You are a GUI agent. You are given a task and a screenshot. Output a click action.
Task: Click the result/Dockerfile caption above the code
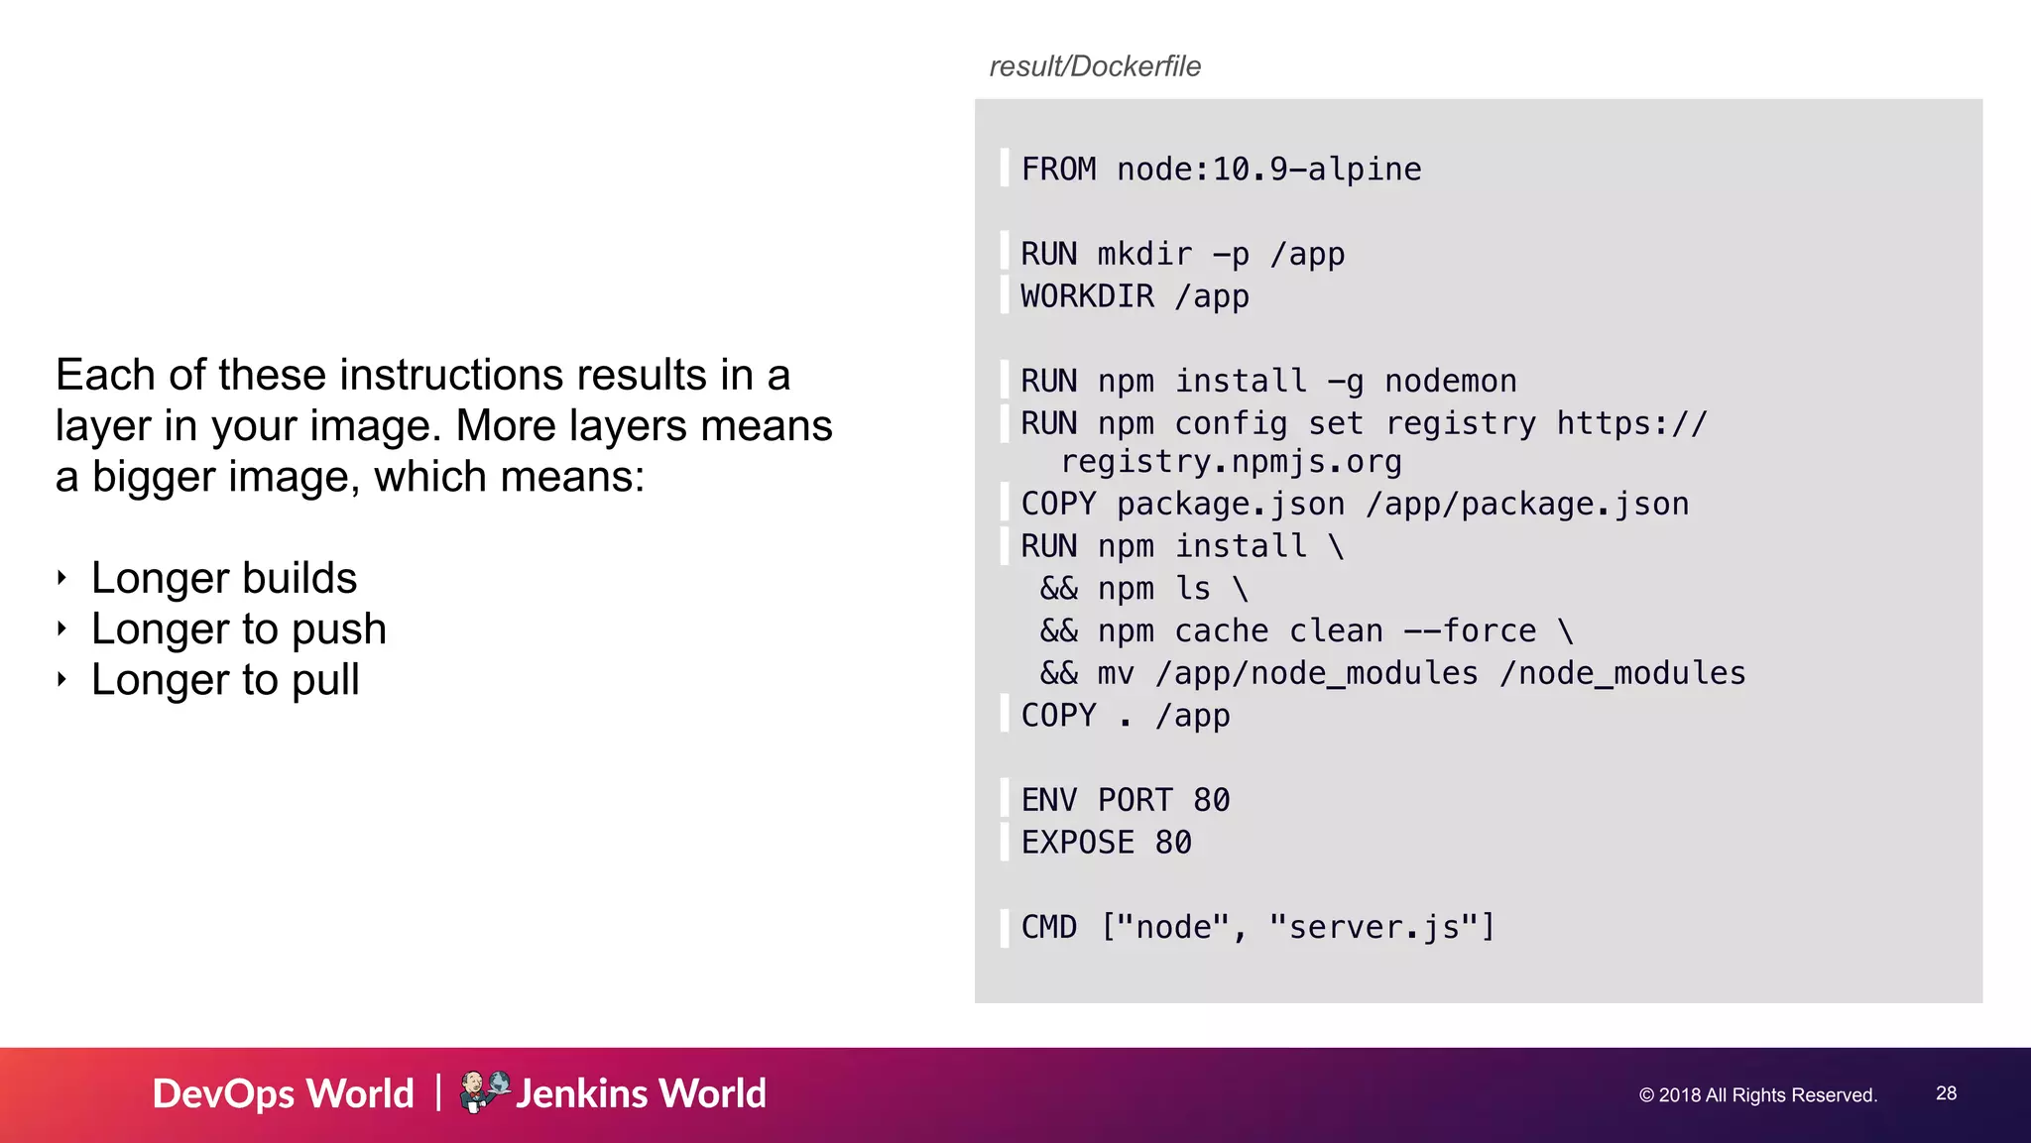pyautogui.click(x=1095, y=66)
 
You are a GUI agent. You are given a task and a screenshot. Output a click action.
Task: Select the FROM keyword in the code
pyautogui.click(x=1058, y=170)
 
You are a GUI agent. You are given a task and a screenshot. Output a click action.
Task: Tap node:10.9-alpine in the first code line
pyautogui.click(x=1268, y=170)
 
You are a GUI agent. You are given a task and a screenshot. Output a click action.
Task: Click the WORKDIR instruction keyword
pyautogui.click(x=1087, y=296)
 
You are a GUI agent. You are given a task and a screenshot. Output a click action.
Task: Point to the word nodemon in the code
pyautogui.click(x=1450, y=382)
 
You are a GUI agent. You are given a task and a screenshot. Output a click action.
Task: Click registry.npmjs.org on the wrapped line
pyautogui.click(x=1231, y=462)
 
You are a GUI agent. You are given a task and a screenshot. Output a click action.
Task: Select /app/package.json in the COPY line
pyautogui.click(x=1526, y=505)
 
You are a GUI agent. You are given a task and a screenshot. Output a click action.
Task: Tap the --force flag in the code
pyautogui.click(x=1470, y=631)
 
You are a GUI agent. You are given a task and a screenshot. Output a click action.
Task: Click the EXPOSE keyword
pyautogui.click(x=1077, y=843)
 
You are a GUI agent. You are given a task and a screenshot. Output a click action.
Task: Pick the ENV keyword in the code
pyautogui.click(x=1048, y=800)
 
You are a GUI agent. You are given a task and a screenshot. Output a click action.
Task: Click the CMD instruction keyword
pyautogui.click(x=1048, y=927)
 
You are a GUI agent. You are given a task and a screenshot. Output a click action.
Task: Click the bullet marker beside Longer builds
pyautogui.click(x=62, y=578)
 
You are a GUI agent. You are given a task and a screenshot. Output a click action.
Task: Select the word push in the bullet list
pyautogui.click(x=338, y=629)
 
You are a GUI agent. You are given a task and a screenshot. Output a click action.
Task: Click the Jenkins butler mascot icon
pyautogui.click(x=483, y=1091)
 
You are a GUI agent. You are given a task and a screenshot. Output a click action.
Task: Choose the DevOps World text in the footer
pyautogui.click(x=283, y=1093)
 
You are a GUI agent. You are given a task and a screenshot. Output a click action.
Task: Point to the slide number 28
pyautogui.click(x=1946, y=1093)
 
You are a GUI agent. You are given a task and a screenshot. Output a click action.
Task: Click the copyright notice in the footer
pyautogui.click(x=1757, y=1095)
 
